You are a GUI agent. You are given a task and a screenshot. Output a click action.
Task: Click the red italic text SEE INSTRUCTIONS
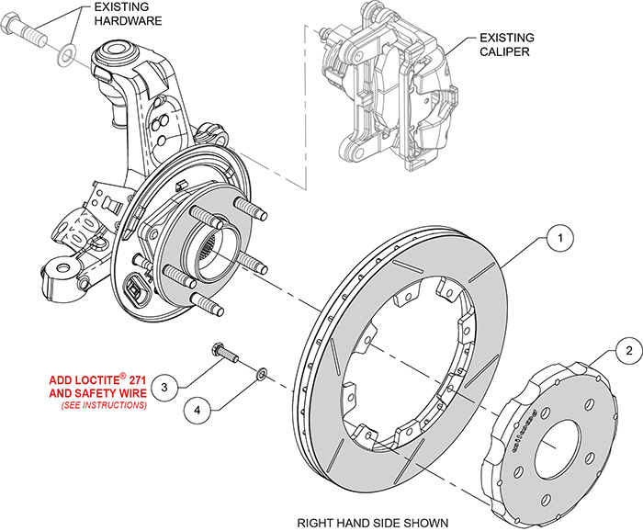click(x=104, y=405)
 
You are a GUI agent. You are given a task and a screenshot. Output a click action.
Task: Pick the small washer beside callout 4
click(x=262, y=372)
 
